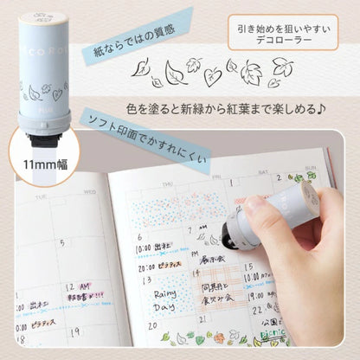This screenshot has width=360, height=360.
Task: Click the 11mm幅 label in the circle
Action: [39, 161]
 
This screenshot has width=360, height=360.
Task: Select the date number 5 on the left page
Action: [61, 243]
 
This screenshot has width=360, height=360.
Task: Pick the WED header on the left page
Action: [92, 189]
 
